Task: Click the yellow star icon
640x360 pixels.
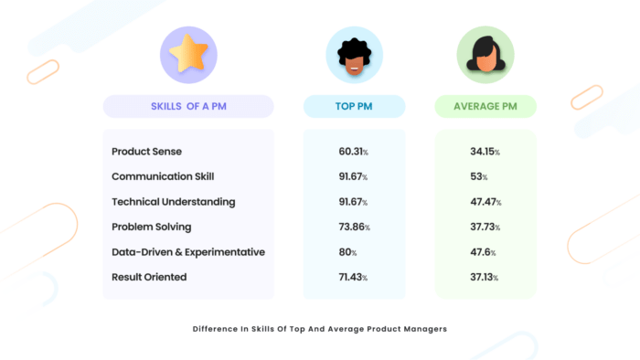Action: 188,54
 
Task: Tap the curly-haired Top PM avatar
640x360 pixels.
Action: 354,55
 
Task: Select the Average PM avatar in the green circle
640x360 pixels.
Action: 485,55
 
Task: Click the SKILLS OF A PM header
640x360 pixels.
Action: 187,107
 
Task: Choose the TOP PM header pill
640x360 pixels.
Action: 354,107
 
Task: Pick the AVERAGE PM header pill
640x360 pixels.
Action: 485,107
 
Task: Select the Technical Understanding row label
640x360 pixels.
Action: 173,201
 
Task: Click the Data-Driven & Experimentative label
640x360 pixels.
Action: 187,251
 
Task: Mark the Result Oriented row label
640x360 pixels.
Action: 149,276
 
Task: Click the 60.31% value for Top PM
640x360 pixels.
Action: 354,152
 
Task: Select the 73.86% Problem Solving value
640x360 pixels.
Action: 354,226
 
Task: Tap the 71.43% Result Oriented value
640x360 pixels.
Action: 354,276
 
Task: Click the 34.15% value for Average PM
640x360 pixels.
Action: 485,152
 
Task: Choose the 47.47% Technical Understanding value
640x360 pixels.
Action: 485,201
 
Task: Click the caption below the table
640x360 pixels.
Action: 320,328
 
